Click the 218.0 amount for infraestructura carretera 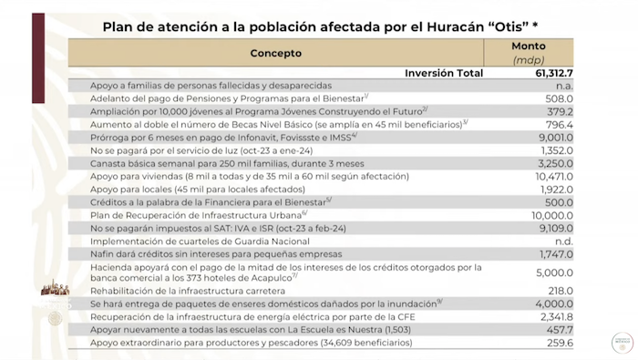558,289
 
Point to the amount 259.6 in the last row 558,343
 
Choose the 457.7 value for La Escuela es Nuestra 558,329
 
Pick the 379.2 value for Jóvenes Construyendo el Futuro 558,111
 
